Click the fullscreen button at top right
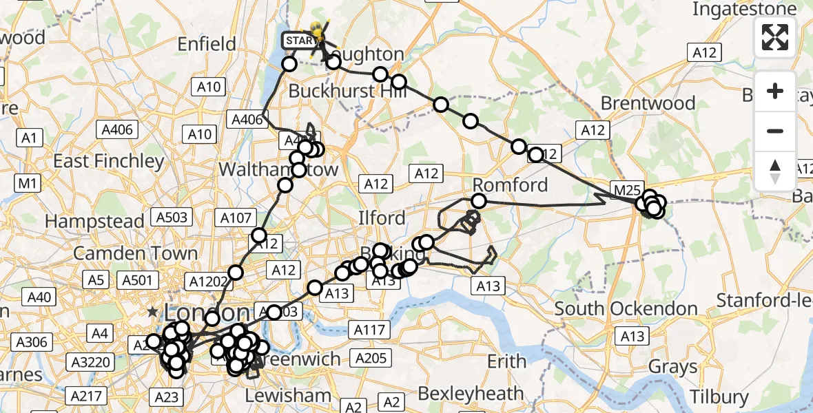775,36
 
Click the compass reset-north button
775,171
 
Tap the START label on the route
298,41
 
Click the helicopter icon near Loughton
318,32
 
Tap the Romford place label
510,184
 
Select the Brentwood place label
648,103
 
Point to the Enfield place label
207,44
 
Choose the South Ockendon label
626,308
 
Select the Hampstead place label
94,221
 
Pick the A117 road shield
368,330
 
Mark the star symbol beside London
152,311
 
